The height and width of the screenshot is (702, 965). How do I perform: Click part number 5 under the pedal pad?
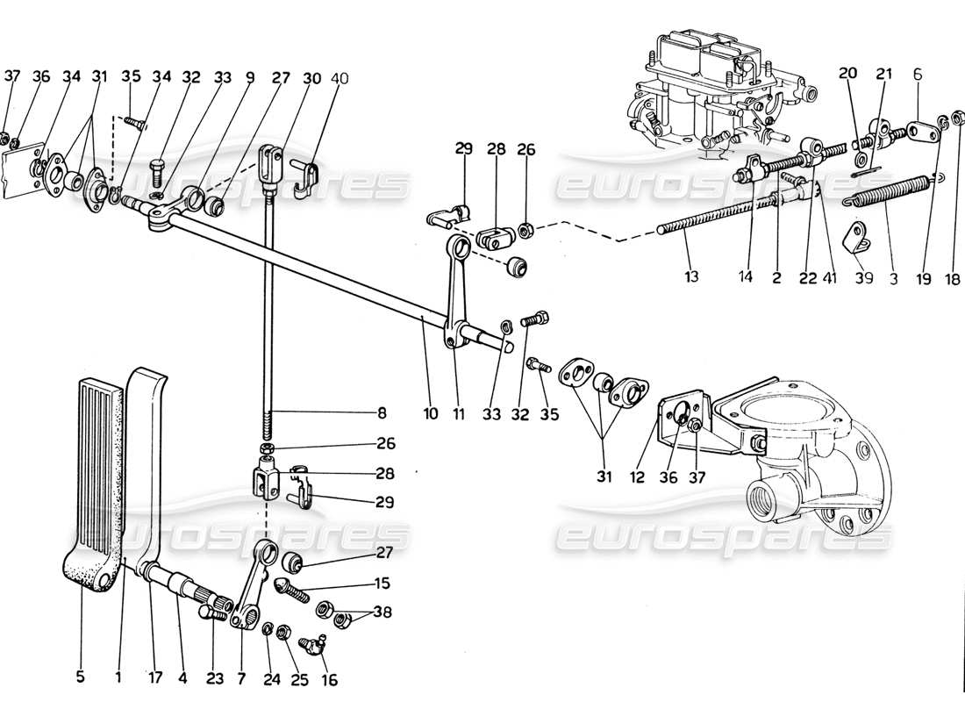pyautogui.click(x=81, y=677)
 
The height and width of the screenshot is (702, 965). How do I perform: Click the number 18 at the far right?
pyautogui.click(x=956, y=278)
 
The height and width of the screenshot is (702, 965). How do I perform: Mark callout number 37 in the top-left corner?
pyautogui.click(x=11, y=77)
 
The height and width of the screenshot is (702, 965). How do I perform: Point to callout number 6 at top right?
pyautogui.click(x=916, y=77)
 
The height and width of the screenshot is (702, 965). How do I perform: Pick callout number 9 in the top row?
pyautogui.click(x=250, y=77)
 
